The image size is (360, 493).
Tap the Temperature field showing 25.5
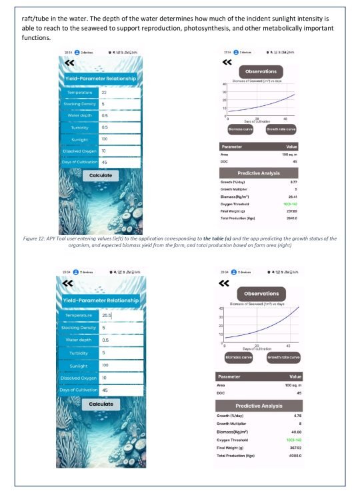pyautogui.click(x=120, y=315)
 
